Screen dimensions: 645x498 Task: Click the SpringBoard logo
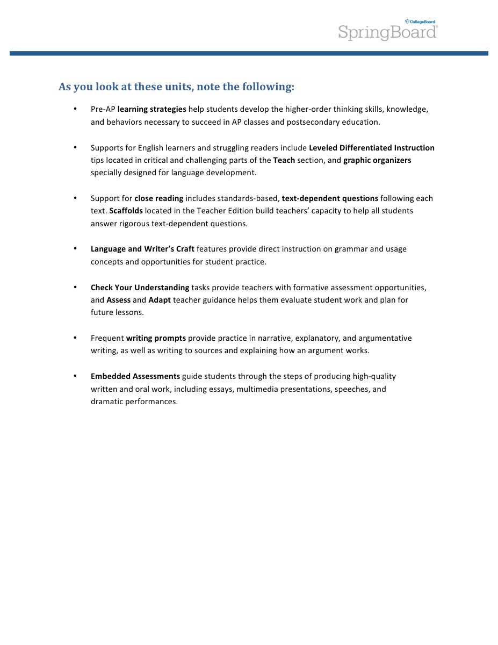[387, 32]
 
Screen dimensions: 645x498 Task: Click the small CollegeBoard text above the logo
[422, 22]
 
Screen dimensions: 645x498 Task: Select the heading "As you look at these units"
[176, 87]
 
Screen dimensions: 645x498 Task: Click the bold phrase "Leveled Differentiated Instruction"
[372, 148]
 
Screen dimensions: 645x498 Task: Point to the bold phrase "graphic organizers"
[377, 160]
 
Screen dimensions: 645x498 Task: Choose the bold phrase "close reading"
[159, 198]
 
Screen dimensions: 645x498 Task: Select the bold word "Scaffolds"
[126, 211]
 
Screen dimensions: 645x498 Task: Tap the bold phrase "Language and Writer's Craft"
[142, 249]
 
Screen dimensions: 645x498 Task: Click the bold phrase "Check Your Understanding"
[140, 288]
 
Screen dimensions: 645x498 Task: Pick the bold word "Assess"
[119, 300]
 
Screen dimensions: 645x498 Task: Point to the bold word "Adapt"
[160, 300]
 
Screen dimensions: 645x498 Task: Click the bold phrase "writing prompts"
[156, 338]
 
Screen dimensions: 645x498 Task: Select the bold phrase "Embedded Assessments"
[135, 376]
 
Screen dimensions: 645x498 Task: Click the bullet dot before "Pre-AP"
[76, 109]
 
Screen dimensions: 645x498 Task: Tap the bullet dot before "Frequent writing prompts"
[76, 338]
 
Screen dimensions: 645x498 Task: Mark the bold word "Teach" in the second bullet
[284, 160]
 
